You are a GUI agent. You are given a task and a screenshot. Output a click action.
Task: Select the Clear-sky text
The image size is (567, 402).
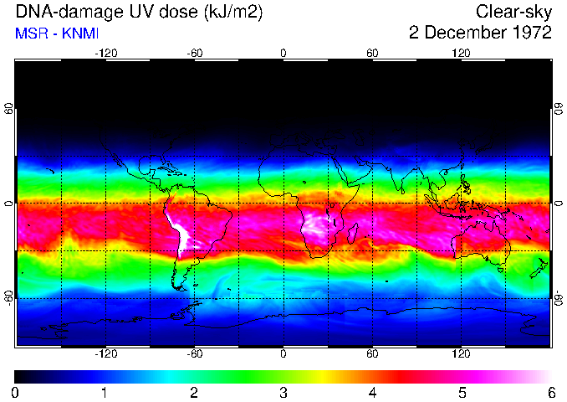point(513,12)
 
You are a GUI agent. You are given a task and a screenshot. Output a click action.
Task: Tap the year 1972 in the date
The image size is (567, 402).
point(529,33)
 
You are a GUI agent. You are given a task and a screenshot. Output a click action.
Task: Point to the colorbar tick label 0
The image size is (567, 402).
point(15,391)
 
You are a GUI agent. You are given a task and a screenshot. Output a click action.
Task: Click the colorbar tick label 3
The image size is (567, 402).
point(283,391)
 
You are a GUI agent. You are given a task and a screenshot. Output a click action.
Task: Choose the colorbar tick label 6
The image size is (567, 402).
point(550,391)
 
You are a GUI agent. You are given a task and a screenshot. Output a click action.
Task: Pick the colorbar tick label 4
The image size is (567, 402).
point(372,391)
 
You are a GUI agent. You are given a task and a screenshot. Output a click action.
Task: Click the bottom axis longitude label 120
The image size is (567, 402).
point(461,354)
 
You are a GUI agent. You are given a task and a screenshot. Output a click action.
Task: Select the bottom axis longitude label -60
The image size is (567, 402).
point(194,354)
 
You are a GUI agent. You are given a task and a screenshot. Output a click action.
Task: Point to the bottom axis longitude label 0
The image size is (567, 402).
point(283,354)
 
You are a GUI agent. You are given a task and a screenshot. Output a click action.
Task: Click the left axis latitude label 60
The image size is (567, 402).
point(9,109)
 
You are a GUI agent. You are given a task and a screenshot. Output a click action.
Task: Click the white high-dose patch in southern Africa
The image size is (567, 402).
point(316,224)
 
